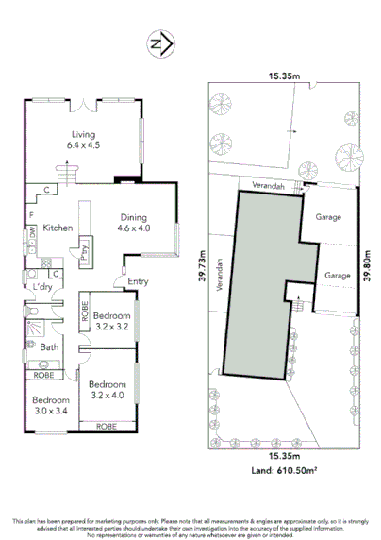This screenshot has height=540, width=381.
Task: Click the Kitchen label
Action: (x=58, y=228)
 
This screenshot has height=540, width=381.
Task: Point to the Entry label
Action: (x=138, y=280)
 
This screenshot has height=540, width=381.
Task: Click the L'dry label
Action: (x=41, y=287)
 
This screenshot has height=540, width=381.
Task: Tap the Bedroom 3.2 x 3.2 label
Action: (x=110, y=320)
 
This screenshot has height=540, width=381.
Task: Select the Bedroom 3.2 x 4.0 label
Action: (x=107, y=390)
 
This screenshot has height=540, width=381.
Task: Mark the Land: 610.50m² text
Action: (x=283, y=468)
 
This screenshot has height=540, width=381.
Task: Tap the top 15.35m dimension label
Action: (x=283, y=76)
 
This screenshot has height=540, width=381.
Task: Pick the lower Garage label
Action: (x=338, y=275)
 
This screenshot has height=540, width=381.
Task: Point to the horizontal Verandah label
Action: (x=267, y=186)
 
